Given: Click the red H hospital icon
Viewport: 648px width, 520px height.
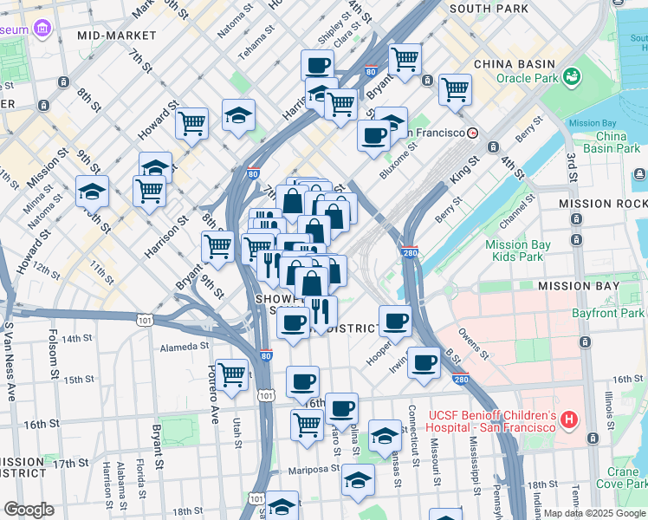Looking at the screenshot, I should pos(569,420).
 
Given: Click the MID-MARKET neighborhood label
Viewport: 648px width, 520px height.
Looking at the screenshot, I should pos(117,36).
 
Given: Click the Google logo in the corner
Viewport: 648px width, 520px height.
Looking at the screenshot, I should pos(29,510).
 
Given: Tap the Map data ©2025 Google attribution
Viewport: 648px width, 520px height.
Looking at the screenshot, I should pos(594,513).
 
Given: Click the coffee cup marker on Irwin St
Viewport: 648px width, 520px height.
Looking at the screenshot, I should pos(424,361).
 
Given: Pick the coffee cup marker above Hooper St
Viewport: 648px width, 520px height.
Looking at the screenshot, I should pos(395,320).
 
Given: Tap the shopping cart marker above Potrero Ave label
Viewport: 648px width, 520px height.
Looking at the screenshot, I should pos(231,374).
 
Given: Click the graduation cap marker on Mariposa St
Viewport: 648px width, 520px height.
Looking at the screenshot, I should pos(357,478).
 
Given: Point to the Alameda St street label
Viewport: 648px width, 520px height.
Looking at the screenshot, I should pos(185,347).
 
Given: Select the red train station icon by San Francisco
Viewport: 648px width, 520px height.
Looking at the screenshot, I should pos(473,133).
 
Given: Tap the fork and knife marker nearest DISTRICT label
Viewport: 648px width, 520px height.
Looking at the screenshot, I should pos(321,310).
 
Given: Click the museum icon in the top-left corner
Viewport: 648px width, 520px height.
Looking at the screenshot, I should pos(42,30).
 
